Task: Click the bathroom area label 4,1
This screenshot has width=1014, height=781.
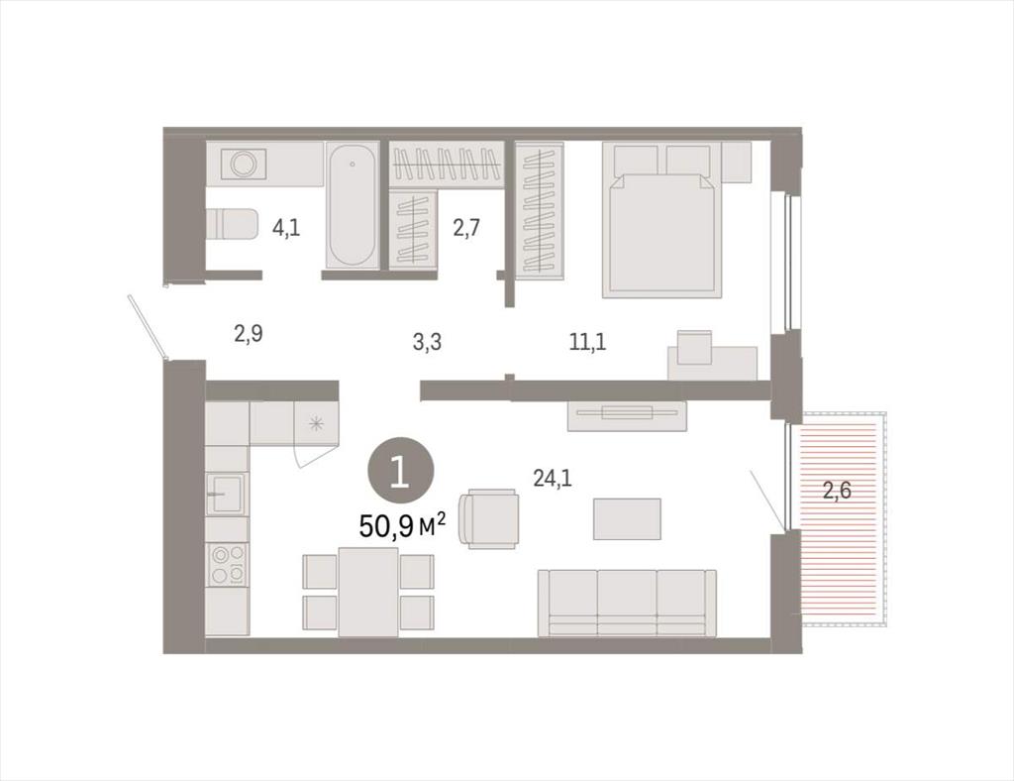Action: (286, 228)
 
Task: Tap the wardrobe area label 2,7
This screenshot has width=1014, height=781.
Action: (465, 228)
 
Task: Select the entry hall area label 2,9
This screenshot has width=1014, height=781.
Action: (249, 335)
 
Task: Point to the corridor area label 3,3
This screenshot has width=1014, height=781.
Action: (427, 341)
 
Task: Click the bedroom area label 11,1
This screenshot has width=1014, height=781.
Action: (587, 341)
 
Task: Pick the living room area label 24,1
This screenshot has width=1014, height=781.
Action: (553, 478)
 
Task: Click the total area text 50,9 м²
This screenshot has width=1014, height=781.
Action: (402, 525)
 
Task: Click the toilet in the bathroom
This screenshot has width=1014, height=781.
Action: (231, 223)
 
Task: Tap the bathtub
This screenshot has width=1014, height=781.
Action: (352, 205)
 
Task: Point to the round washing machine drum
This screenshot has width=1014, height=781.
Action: (244, 164)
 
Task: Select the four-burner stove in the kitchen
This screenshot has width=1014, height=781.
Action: (228, 565)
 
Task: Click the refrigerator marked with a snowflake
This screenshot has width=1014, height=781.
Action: (316, 424)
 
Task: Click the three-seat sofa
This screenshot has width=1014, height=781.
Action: (627, 603)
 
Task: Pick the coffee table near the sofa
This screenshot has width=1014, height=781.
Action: (627, 519)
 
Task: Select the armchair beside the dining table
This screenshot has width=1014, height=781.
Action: (488, 519)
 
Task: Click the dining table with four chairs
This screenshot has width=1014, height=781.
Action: (368, 592)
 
